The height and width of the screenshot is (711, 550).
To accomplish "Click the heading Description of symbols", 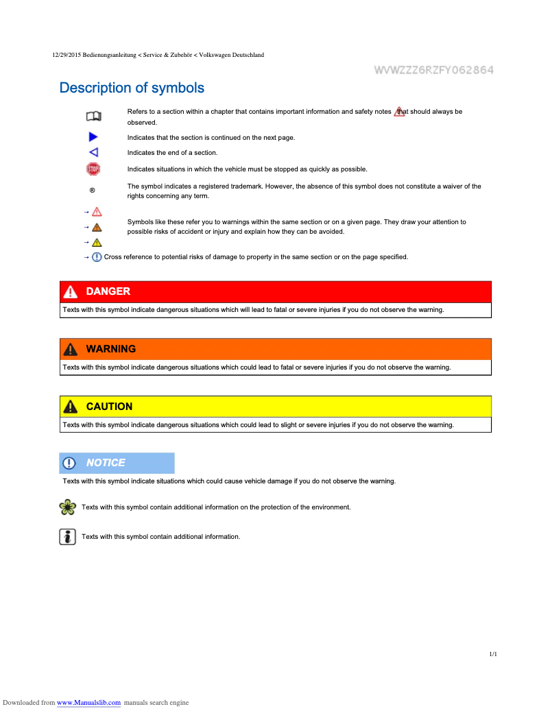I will pos(132,88).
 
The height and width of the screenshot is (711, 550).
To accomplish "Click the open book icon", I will pos(93,116).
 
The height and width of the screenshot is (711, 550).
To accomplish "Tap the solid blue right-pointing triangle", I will pos(93,138).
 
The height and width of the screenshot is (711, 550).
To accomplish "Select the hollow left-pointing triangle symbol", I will pos(93,152).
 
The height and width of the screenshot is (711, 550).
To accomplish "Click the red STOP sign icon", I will pos(93,169).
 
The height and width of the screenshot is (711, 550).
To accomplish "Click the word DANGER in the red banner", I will pos(108,291).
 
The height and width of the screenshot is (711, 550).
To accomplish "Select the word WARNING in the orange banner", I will pos(110,349).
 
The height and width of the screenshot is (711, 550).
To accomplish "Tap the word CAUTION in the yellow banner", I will pos(109,407).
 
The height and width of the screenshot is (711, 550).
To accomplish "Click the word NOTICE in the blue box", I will pos(106,463).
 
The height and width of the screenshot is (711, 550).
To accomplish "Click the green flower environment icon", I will pos(67,507).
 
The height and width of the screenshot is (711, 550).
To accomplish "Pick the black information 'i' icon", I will pos(67,536).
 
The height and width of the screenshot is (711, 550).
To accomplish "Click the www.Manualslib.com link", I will pos(88,703).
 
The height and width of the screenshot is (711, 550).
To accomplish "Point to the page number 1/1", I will pos(493,655).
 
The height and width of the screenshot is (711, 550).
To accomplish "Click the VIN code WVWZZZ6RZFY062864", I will pos(433,70).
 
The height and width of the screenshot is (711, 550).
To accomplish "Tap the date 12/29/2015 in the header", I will pos(67,55).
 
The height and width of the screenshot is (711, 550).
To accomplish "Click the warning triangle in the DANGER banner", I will pos(70,292).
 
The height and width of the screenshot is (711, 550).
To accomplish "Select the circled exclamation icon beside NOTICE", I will pos(69,463).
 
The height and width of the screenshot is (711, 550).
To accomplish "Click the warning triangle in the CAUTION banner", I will pos(70,407).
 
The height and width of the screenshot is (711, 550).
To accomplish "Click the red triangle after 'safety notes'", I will pos(399,112).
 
